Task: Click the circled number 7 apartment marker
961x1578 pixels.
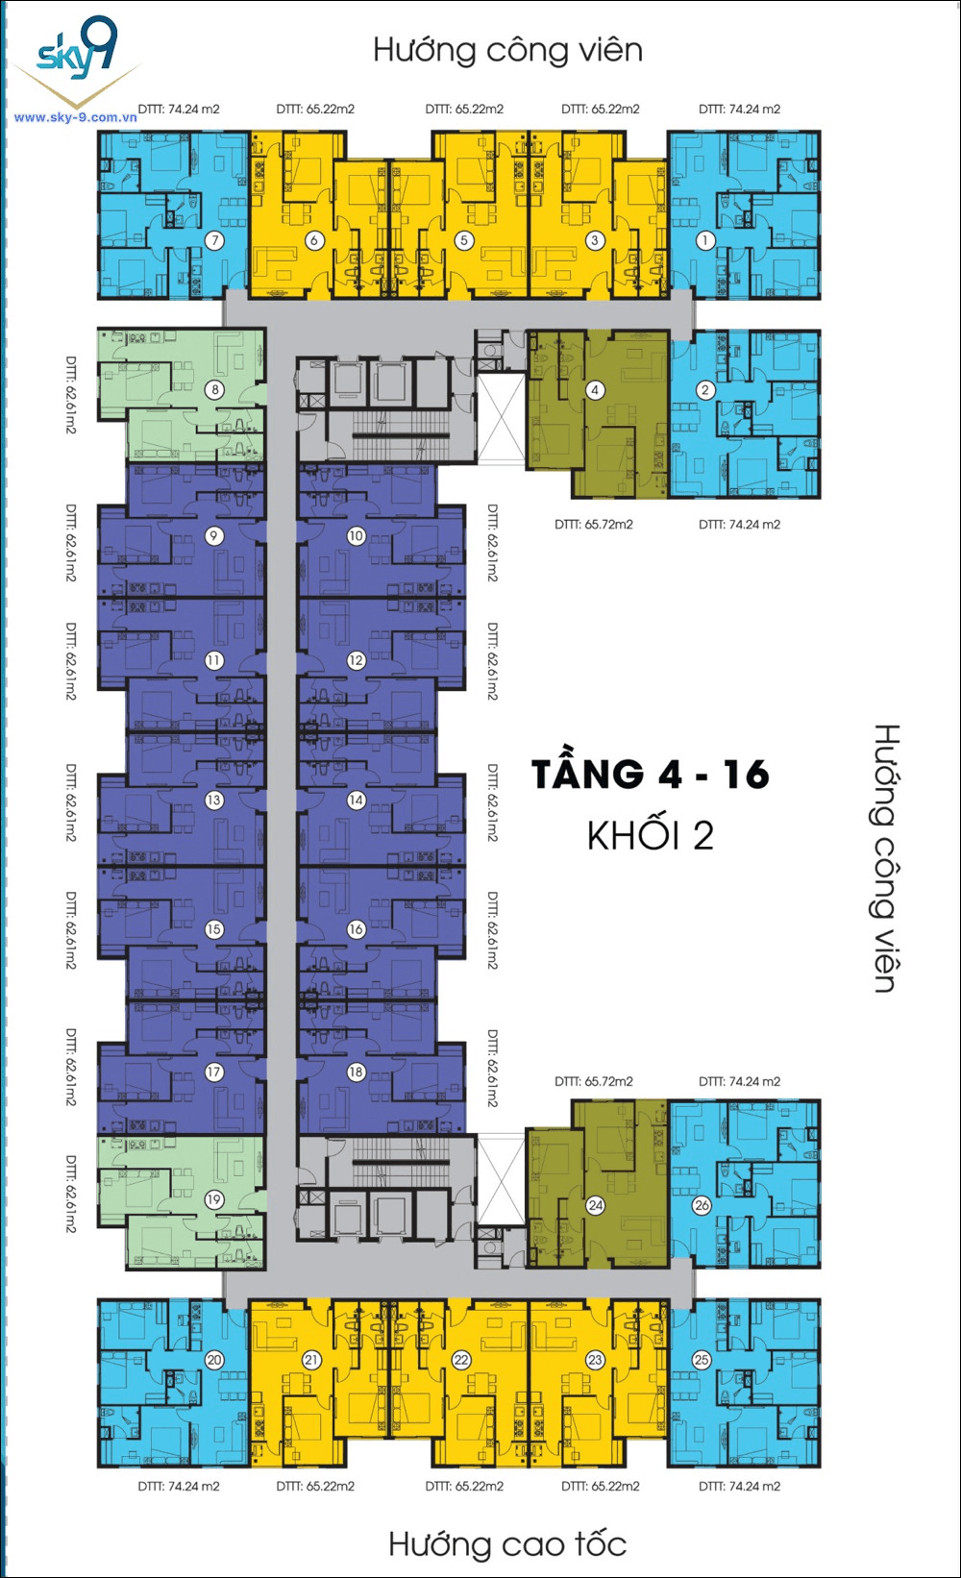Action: pos(215,240)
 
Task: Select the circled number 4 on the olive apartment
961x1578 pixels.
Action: pos(596,389)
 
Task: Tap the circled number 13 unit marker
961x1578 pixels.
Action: pos(214,801)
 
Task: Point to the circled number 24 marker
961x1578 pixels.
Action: pos(596,1205)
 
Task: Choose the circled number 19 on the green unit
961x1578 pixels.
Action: pos(214,1199)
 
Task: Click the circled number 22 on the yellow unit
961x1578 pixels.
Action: pos(461,1360)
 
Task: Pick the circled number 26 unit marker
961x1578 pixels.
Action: pos(702,1205)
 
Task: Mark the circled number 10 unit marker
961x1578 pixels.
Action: pos(357,536)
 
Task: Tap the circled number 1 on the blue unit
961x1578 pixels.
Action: pos(705,240)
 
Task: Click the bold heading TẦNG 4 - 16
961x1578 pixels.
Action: pos(651,775)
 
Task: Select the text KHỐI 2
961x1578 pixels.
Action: pos(651,835)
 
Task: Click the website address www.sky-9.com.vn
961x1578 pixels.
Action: pos(75,117)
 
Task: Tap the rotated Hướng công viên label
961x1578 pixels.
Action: pos(886,858)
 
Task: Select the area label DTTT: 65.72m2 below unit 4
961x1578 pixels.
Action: pos(593,524)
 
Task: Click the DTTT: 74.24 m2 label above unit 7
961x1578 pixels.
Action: pos(178,110)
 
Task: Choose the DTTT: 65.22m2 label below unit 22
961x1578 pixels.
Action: pos(464,1486)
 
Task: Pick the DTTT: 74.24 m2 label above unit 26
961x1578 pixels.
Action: pos(739,1081)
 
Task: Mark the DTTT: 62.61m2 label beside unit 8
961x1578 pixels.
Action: pos(71,394)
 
